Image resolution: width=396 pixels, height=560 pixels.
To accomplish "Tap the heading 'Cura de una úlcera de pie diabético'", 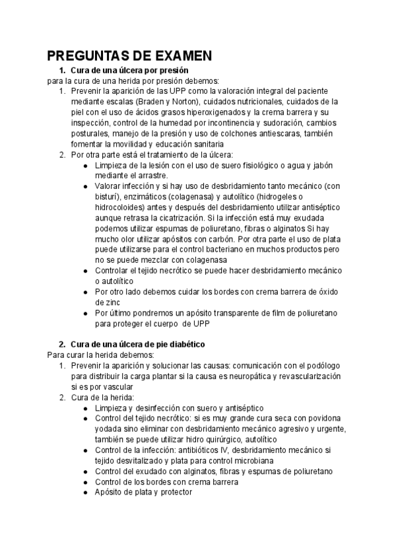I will click(x=138, y=344).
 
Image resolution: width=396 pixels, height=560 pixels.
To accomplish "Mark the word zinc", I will click(x=106, y=302).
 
